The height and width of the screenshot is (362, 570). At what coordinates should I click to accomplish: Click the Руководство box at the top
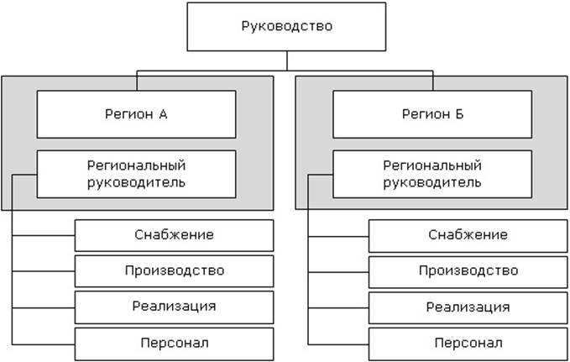(x=287, y=27)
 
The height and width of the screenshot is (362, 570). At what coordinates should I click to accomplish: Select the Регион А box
(x=136, y=113)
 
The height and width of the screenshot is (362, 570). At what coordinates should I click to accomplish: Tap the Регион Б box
(x=433, y=113)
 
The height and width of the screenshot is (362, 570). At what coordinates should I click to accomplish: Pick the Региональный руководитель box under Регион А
(x=136, y=173)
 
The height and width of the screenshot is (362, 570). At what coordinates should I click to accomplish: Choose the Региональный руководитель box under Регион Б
(x=433, y=173)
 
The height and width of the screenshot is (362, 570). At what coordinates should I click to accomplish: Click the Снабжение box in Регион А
(x=174, y=235)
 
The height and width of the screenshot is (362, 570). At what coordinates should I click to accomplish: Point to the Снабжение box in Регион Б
(x=468, y=235)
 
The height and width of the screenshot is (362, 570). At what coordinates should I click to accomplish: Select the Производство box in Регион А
(x=174, y=271)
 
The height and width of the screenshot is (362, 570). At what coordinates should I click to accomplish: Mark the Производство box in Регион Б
(x=468, y=271)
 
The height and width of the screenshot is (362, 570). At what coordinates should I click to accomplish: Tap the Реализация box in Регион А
(x=174, y=307)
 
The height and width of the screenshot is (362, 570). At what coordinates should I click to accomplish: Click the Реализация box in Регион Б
(x=468, y=307)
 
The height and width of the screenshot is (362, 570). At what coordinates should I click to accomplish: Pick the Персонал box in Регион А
(x=174, y=343)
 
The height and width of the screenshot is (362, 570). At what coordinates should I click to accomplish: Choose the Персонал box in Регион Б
(x=468, y=343)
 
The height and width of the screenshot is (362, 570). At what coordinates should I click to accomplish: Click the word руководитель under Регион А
(x=136, y=181)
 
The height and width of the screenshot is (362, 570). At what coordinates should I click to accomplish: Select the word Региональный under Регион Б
(x=432, y=165)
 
